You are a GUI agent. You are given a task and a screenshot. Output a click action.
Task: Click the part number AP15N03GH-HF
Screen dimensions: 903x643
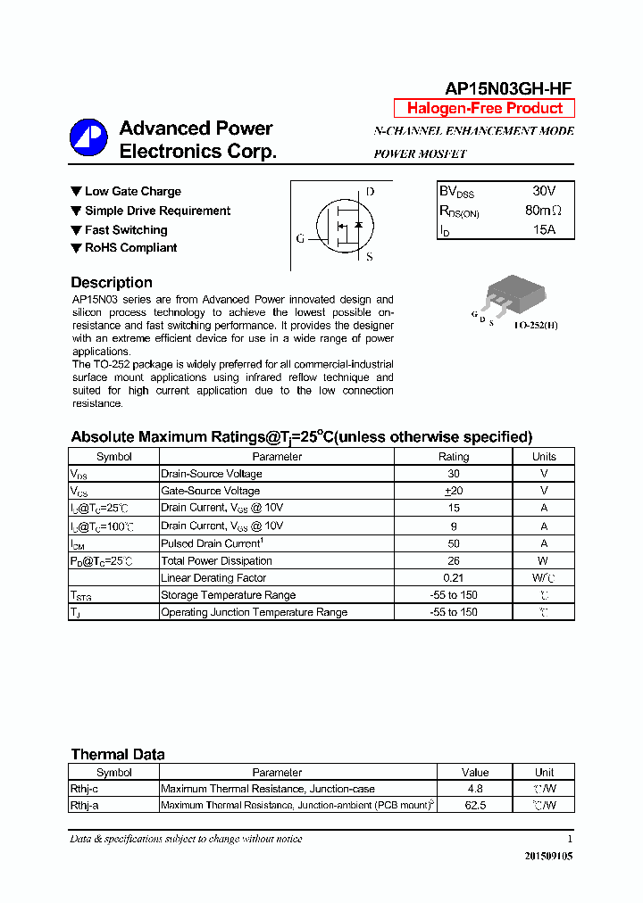coord(508,87)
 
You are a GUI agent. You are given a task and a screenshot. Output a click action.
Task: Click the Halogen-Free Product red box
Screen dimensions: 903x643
coord(484,109)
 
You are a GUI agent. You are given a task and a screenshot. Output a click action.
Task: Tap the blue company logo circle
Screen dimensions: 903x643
coord(88,138)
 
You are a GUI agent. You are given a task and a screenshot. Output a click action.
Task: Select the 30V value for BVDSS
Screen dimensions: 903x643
coord(543,192)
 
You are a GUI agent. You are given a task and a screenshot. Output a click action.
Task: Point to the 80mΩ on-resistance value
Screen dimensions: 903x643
coord(543,211)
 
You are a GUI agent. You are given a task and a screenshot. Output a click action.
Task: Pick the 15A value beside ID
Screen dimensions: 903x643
coord(543,230)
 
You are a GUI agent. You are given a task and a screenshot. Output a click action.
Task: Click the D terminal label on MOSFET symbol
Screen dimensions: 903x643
coord(370,192)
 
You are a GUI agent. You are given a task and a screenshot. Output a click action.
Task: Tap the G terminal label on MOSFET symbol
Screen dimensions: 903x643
coord(300,239)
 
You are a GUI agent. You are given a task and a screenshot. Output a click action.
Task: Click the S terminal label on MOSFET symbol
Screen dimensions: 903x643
coord(369,258)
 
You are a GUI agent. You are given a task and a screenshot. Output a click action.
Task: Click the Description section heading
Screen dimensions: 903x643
coord(112,283)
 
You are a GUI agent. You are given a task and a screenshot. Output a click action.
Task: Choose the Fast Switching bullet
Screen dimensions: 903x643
coord(125,229)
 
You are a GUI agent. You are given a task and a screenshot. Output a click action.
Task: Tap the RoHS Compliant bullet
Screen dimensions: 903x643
coord(130,248)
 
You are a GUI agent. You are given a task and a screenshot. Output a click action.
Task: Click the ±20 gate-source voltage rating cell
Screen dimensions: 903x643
coord(453,491)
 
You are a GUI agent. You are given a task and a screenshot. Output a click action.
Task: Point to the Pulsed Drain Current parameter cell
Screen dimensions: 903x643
coord(211,543)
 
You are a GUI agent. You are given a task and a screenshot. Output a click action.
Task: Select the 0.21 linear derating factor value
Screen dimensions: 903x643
coord(453,578)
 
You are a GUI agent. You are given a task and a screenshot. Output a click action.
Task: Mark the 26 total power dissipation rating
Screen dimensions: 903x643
coord(453,560)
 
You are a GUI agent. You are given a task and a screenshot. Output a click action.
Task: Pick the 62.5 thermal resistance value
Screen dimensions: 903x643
coord(475,806)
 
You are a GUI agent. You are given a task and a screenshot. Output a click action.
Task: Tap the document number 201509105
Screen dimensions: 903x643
coord(548,856)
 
